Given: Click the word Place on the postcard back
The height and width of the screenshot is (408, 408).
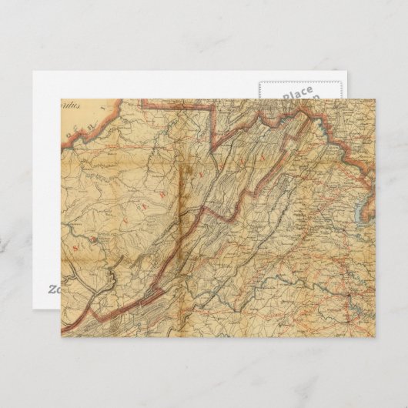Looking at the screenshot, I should [x=297, y=94].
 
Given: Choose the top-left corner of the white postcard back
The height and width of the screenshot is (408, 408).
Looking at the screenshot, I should [x=33, y=72].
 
